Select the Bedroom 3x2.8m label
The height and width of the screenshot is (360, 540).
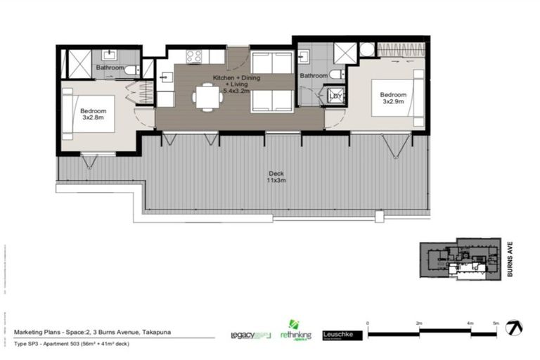point(93,115)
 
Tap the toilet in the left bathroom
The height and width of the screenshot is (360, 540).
point(131,69)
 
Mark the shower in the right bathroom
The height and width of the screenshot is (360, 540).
point(345,53)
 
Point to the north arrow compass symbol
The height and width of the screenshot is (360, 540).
point(516,327)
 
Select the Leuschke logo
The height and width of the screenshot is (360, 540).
point(342,335)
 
